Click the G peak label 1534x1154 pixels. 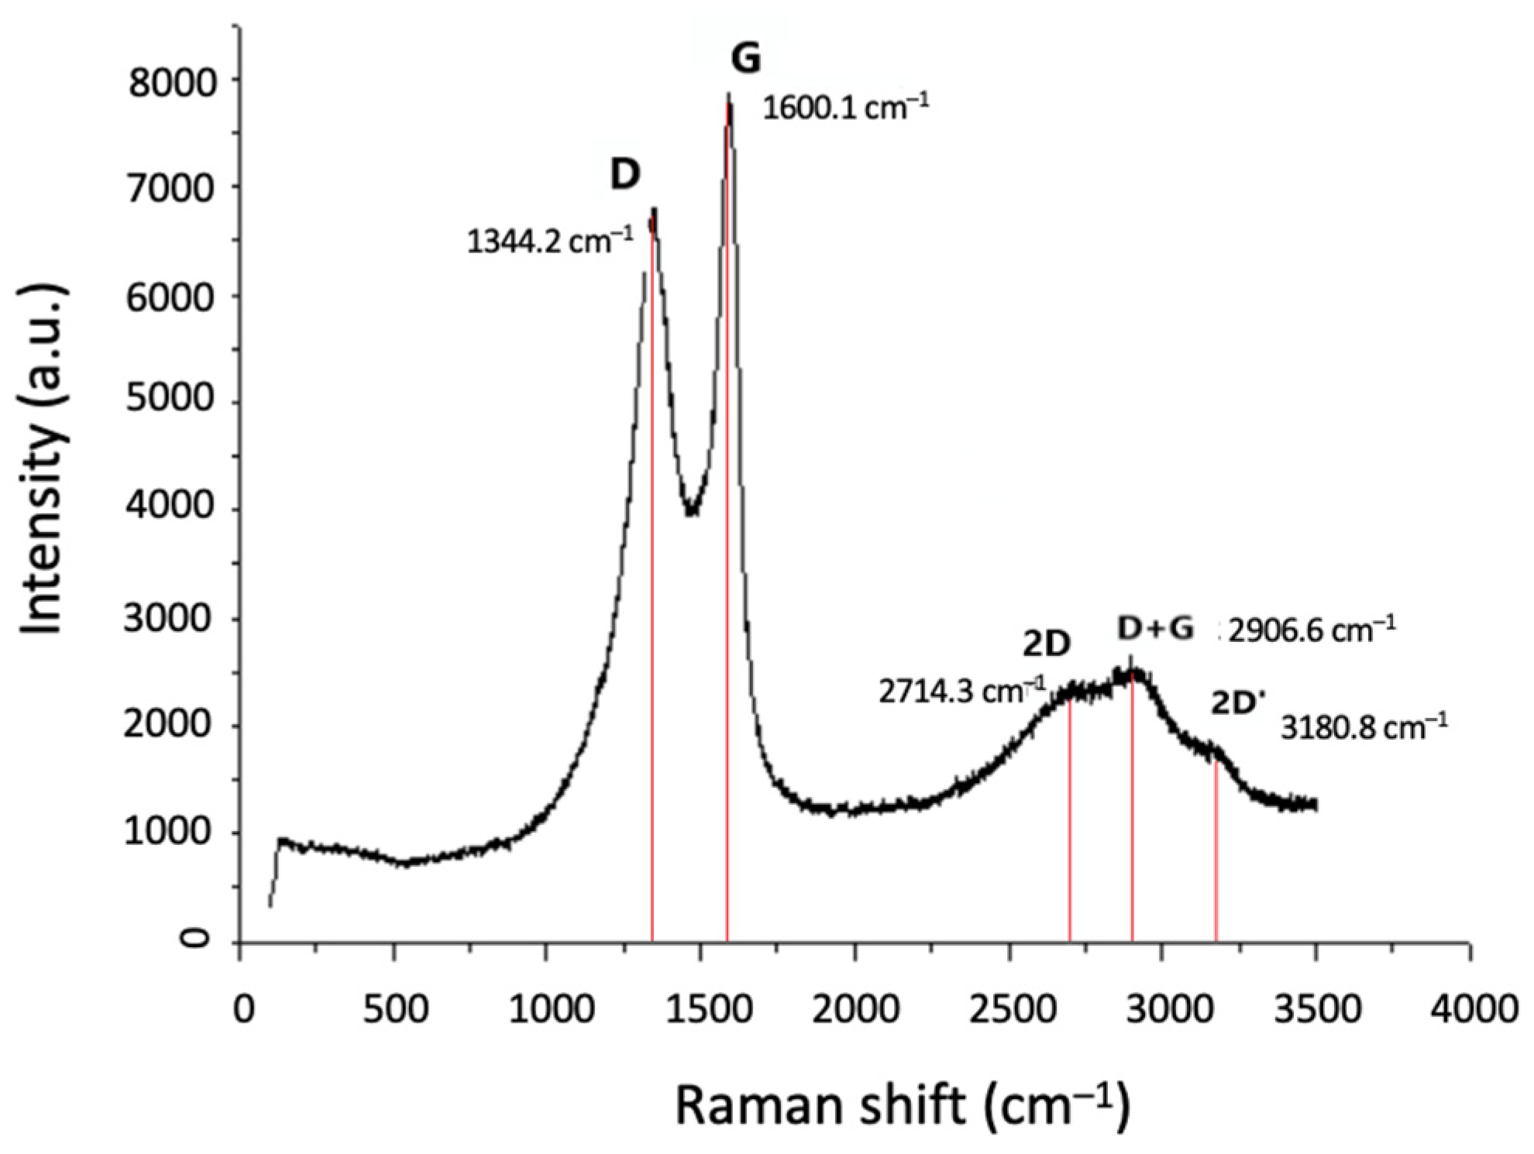[x=746, y=58]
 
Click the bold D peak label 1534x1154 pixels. [x=624, y=174]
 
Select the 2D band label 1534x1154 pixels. [x=1047, y=644]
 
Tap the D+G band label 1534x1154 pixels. [x=1155, y=629]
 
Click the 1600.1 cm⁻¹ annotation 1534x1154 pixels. [x=845, y=108]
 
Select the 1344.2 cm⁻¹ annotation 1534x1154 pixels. [x=549, y=242]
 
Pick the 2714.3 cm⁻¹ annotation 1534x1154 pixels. [x=961, y=691]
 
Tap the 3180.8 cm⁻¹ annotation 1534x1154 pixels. [x=1364, y=728]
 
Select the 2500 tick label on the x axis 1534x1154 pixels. [x=1008, y=1009]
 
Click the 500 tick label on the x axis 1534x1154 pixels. [x=395, y=1009]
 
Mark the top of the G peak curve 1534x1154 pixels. [x=728, y=97]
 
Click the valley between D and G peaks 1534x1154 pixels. [x=692, y=510]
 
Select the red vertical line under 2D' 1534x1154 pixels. [x=1216, y=852]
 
